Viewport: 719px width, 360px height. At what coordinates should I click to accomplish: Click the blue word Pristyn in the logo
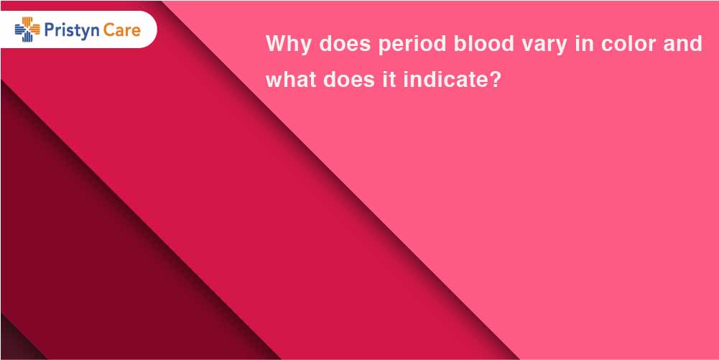coord(72,31)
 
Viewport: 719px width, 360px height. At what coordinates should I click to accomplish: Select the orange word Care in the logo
coord(121,29)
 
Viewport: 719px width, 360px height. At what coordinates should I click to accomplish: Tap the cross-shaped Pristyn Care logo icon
coord(27,29)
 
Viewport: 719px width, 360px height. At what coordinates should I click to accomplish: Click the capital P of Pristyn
coord(49,29)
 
